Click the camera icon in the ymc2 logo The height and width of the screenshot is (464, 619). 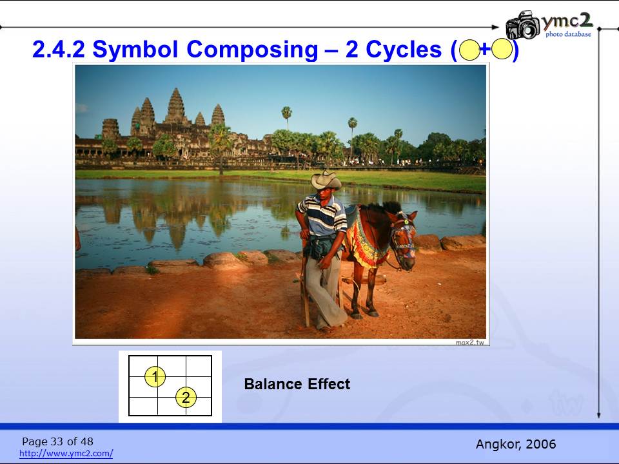click(523, 25)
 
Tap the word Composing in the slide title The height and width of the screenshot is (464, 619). click(252, 50)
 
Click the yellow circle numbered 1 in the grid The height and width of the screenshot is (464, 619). click(155, 376)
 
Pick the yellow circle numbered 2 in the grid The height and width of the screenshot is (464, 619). click(186, 397)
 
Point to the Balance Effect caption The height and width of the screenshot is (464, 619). click(297, 384)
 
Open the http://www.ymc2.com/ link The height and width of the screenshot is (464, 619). click(66, 453)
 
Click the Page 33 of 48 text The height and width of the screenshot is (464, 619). click(57, 441)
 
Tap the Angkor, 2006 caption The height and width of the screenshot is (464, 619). click(516, 444)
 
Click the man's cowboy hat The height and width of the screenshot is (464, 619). click(326, 180)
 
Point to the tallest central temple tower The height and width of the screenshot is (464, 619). click(175, 105)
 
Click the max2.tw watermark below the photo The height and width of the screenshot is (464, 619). click(470, 342)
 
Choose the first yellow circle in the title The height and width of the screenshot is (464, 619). click(470, 50)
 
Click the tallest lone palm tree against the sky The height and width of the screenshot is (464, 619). click(286, 117)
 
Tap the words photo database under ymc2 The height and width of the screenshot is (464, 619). click(569, 34)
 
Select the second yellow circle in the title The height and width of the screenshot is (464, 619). click(502, 50)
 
